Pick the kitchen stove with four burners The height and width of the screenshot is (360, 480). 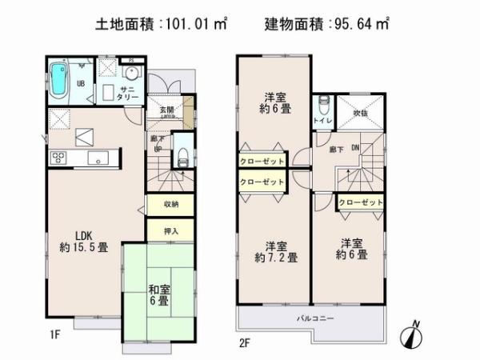coord(60,156)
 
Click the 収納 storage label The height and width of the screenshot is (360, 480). coord(170,205)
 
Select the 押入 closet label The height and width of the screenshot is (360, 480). coord(170,231)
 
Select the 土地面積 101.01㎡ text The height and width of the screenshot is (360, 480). coord(159,26)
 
